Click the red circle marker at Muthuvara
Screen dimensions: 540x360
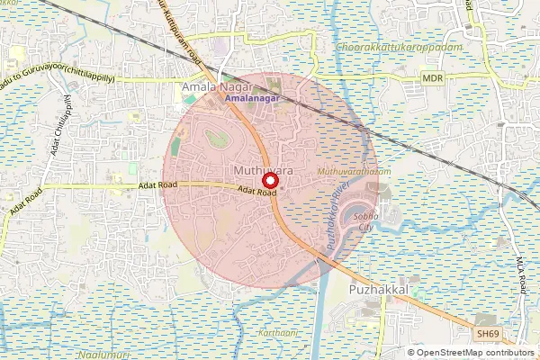point(269,179)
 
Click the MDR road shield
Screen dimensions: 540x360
point(433,79)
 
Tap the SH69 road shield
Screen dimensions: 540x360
point(487,333)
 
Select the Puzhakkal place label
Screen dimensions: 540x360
point(378,290)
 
